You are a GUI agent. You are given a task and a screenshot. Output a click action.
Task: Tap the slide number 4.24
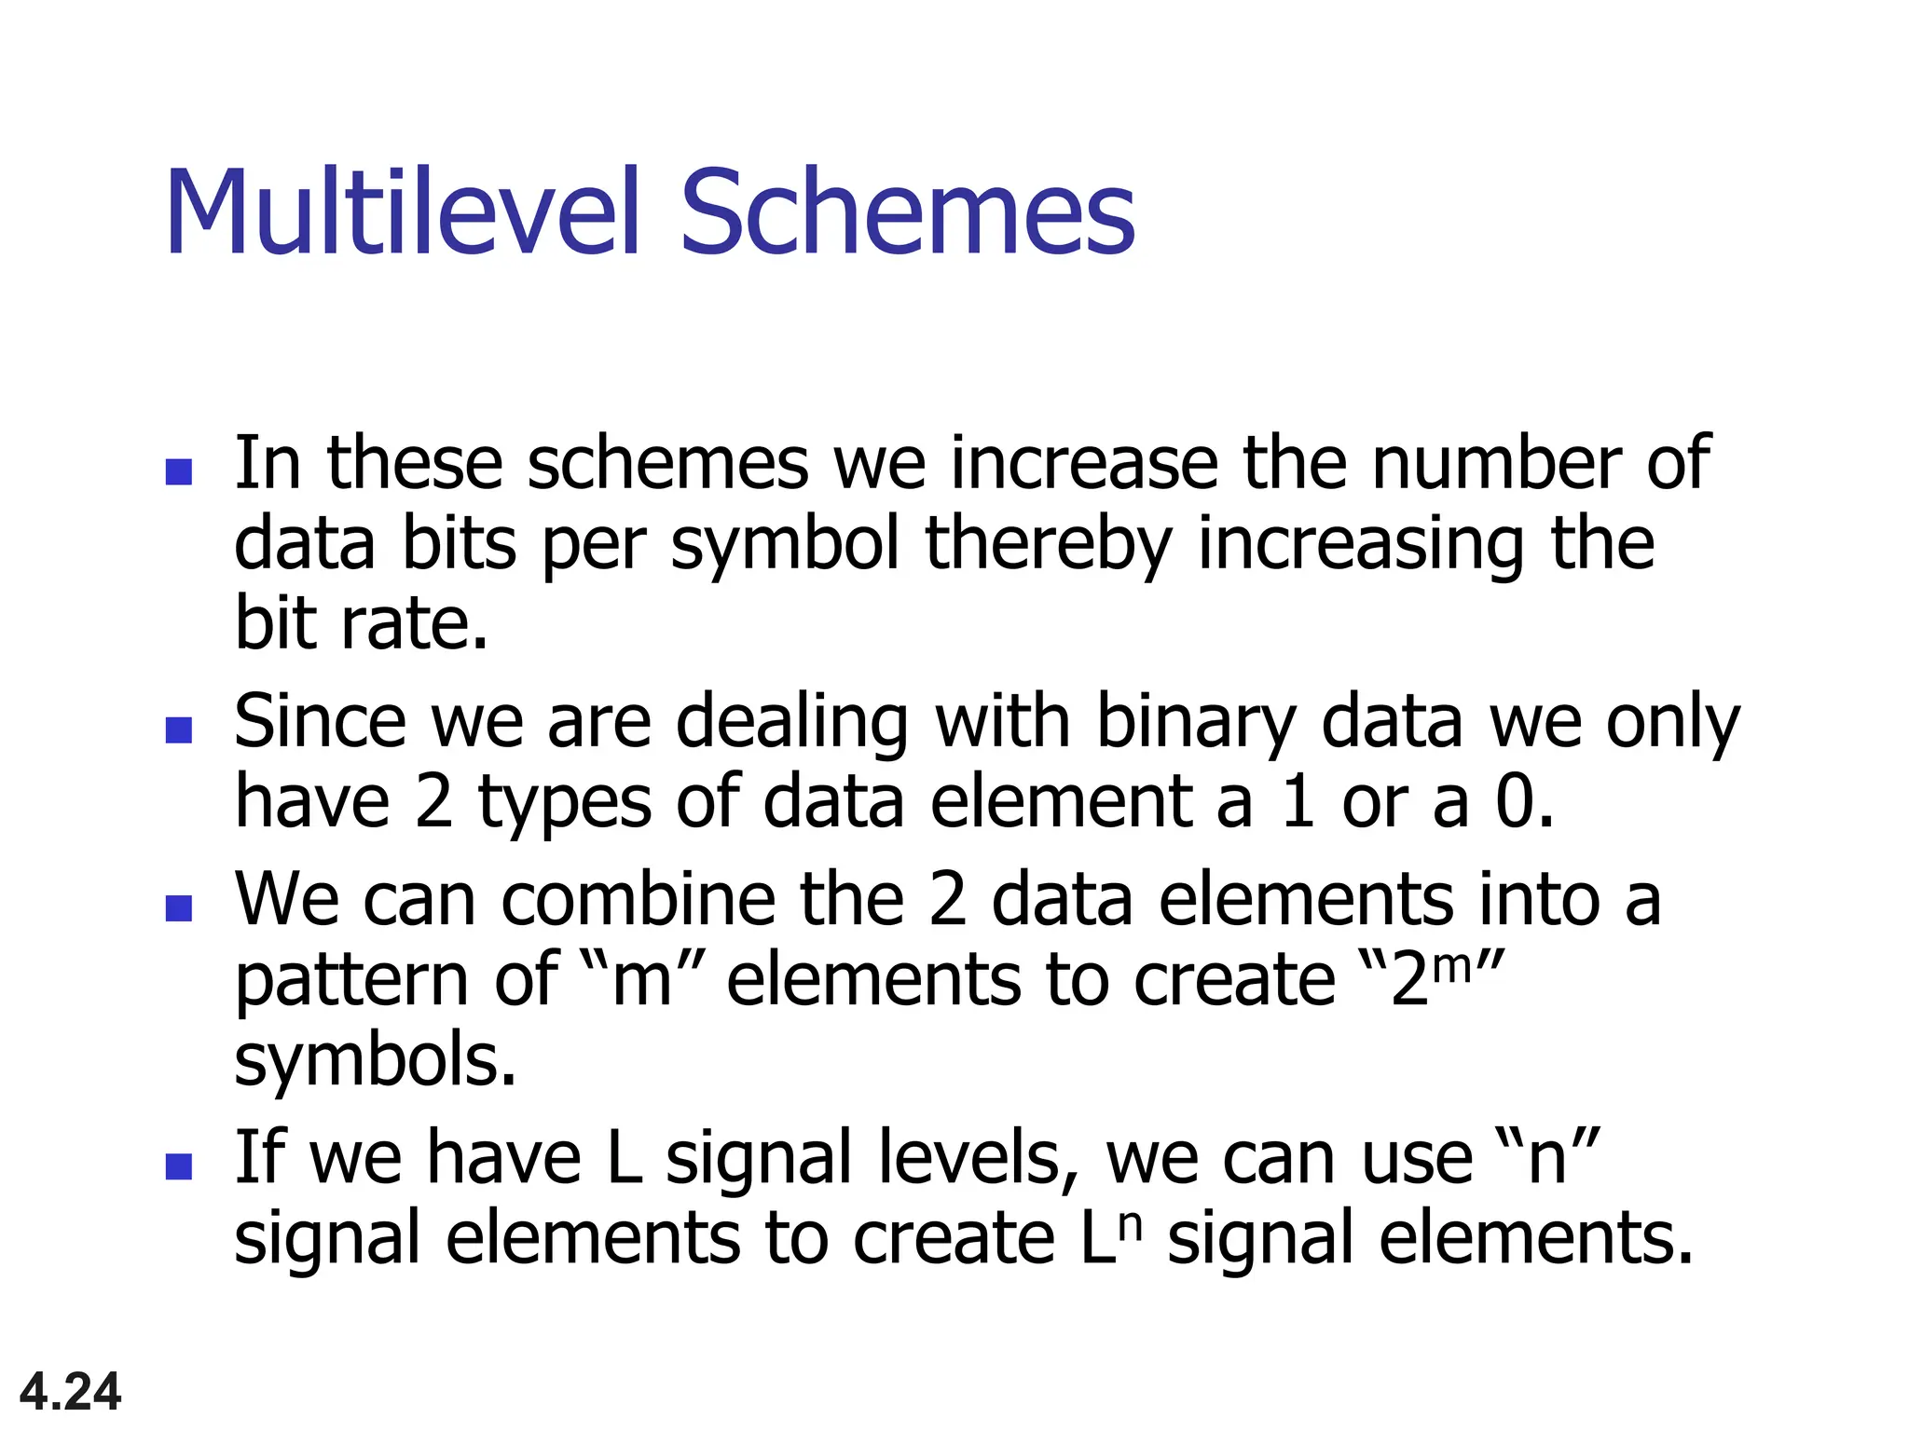(x=70, y=1392)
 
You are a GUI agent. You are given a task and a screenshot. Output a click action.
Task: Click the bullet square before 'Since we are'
(x=178, y=729)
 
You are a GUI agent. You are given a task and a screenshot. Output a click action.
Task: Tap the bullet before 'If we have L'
(x=178, y=1166)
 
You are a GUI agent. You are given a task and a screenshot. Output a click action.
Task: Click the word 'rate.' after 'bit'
(x=413, y=623)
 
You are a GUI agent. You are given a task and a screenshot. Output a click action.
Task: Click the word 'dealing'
(x=791, y=724)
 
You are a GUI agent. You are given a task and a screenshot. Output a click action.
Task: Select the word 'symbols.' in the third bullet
(x=375, y=1061)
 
